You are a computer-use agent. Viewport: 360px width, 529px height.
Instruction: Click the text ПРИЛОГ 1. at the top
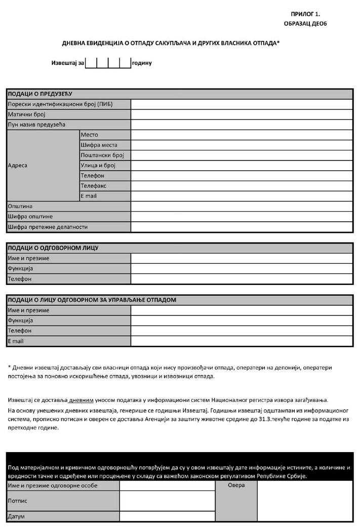(x=305, y=15)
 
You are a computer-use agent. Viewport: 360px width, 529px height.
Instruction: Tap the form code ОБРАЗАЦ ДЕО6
(x=305, y=24)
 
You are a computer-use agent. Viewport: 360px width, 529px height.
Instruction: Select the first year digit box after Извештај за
(x=91, y=63)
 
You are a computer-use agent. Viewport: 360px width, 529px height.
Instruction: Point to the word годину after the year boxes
(x=142, y=63)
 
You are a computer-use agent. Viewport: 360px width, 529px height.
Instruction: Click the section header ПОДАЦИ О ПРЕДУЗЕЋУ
(x=41, y=94)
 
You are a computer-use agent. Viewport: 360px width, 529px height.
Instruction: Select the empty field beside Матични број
(x=242, y=114)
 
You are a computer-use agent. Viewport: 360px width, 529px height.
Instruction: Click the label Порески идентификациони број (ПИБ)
(x=60, y=104)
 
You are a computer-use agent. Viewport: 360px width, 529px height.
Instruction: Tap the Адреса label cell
(x=18, y=166)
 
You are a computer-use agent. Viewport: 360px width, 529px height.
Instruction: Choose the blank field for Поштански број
(x=242, y=155)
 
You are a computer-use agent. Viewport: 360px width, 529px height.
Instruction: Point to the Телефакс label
(x=94, y=186)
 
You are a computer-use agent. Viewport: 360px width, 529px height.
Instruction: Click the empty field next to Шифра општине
(x=242, y=217)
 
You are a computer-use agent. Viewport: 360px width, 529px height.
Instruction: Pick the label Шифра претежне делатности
(x=48, y=227)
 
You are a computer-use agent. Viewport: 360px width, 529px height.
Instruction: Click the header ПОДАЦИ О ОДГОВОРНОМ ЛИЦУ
(x=53, y=248)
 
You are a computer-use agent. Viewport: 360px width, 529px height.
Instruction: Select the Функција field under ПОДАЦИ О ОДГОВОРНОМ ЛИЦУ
(x=242, y=268)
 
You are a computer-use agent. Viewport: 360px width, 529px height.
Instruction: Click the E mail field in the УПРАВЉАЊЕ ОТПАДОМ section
(x=242, y=341)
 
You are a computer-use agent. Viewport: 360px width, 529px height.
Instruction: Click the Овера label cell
(x=236, y=485)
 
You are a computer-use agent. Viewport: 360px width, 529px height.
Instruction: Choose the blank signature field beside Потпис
(x=167, y=501)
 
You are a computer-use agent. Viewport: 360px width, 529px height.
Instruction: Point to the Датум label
(x=16, y=517)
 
